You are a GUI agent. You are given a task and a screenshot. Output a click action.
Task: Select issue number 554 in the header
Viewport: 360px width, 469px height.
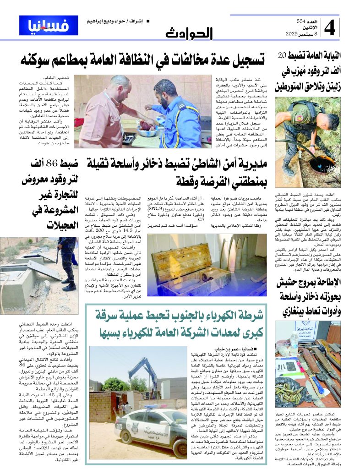[301, 22]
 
